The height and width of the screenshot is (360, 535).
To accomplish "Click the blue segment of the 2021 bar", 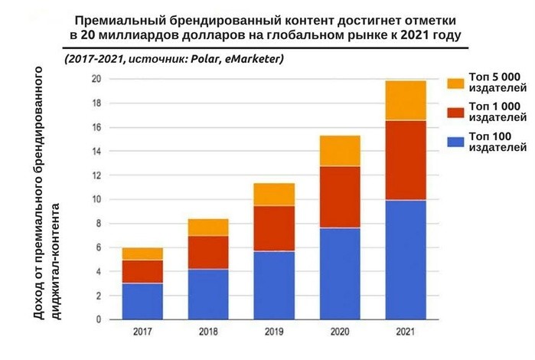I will point(406,260).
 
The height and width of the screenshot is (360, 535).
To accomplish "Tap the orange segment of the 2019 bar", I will point(275,195).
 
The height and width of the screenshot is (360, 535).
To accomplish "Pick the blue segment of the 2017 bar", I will point(142,301).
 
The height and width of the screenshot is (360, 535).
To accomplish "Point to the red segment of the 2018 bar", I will point(208,252).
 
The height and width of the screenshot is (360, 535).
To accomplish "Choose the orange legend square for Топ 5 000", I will point(455,83).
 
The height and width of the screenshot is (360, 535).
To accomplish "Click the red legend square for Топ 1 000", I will point(455,112).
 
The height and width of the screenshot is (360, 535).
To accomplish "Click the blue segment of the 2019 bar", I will point(275,285).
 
